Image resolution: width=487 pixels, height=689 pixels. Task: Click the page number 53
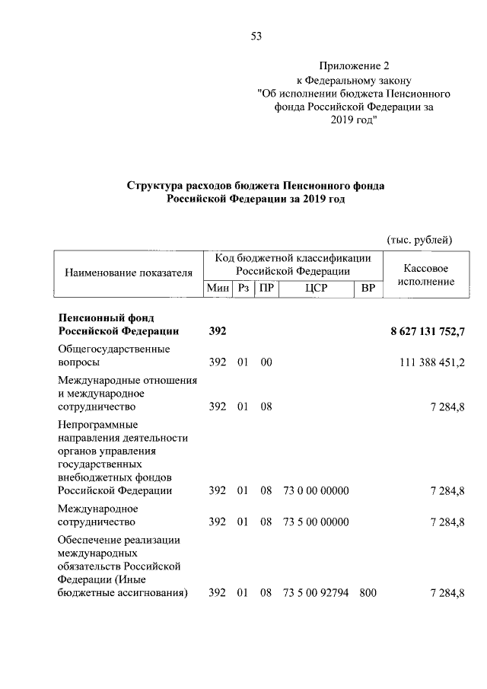pyautogui.click(x=256, y=35)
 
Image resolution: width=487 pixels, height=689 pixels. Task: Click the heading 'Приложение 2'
pyautogui.click(x=353, y=66)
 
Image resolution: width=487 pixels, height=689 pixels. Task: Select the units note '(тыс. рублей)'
pyautogui.click(x=420, y=240)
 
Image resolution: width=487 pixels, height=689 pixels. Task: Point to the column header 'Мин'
pyautogui.click(x=218, y=289)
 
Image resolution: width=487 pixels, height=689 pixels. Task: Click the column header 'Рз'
pyautogui.click(x=243, y=289)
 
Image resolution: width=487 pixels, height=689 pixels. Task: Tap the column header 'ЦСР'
pyautogui.click(x=315, y=289)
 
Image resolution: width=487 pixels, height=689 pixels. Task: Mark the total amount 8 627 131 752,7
pyautogui.click(x=427, y=331)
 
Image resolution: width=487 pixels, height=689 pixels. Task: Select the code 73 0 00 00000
pyautogui.click(x=316, y=490)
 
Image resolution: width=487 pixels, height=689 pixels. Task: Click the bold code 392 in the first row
pyautogui.click(x=218, y=331)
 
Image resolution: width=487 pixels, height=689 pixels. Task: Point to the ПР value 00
pyautogui.click(x=266, y=363)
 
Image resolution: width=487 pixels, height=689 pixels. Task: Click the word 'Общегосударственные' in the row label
pyautogui.click(x=114, y=349)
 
